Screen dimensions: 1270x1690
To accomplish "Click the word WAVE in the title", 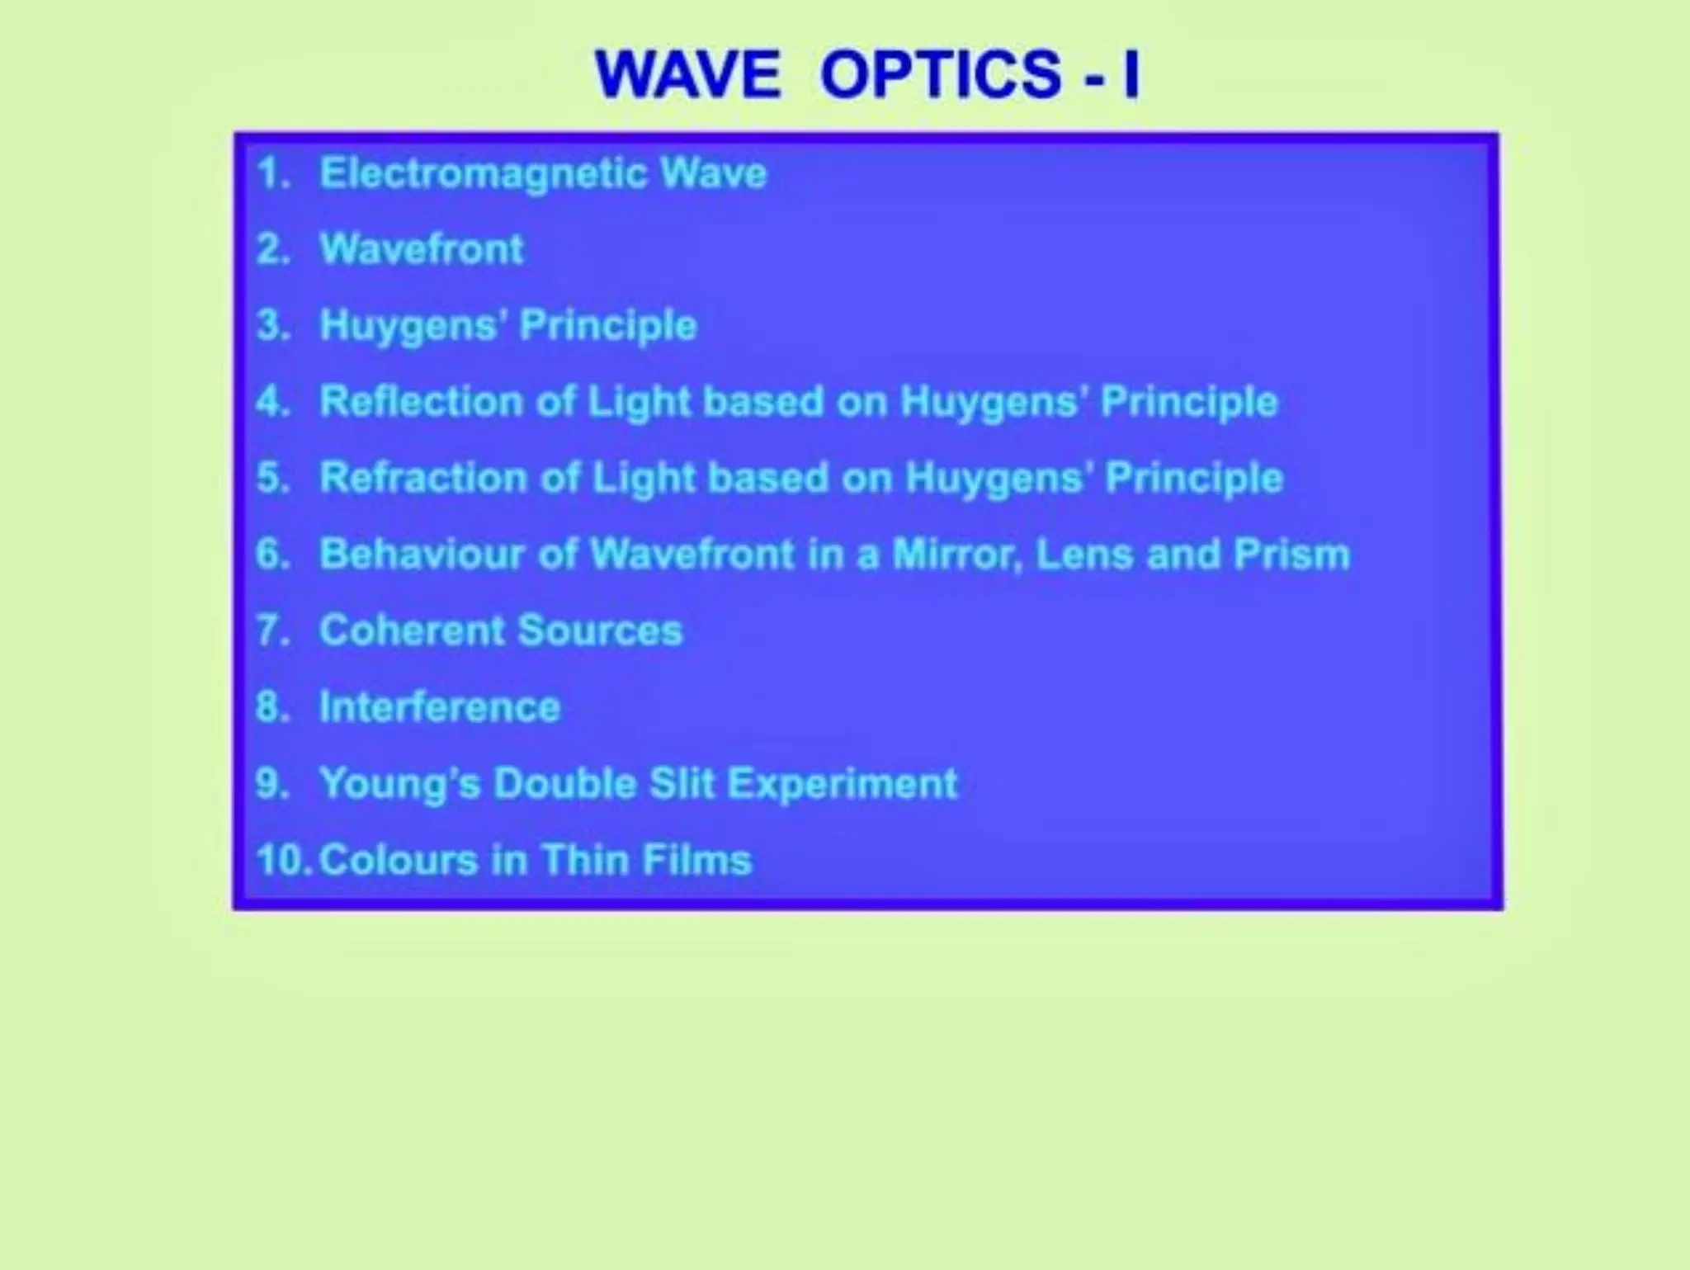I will [687, 74].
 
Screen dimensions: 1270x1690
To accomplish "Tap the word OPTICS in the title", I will [940, 74].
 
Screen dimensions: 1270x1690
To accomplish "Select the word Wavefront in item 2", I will [422, 249].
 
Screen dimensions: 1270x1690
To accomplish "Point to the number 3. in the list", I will [273, 325].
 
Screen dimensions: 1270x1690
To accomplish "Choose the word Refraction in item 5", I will [423, 478].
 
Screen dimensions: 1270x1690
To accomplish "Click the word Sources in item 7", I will [601, 630].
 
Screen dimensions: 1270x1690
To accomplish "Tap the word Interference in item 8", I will [440, 707].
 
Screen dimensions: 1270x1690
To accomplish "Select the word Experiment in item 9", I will [843, 783].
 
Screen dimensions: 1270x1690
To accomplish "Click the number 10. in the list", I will [283, 860].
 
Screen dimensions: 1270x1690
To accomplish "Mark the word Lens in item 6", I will [1084, 554].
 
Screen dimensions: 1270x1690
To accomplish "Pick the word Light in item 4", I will [640, 402].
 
